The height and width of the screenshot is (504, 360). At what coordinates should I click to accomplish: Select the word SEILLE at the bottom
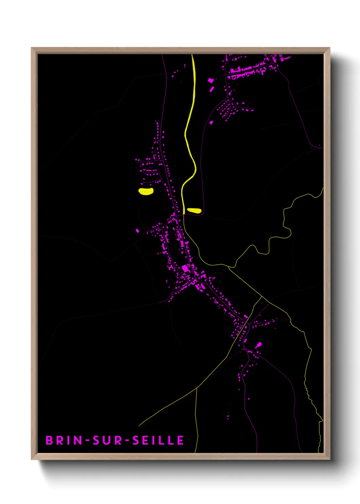pos(158,440)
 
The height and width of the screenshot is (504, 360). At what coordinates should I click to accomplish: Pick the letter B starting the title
pos(49,440)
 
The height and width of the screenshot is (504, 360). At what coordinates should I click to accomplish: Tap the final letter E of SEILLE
pos(180,440)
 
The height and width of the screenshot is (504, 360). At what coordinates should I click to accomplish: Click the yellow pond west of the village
pos(146,191)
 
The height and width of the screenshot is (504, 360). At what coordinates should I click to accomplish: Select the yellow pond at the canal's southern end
pos(194,210)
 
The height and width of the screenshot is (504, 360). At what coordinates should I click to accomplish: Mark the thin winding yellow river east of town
pos(284,218)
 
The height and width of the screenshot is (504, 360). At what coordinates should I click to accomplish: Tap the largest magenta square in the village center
pos(185,268)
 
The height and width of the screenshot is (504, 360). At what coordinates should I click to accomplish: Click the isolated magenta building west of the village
pos(137,231)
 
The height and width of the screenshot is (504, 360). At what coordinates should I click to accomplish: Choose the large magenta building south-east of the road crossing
pos(259,345)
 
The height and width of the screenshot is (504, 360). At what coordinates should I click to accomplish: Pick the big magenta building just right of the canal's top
pos(210,80)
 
